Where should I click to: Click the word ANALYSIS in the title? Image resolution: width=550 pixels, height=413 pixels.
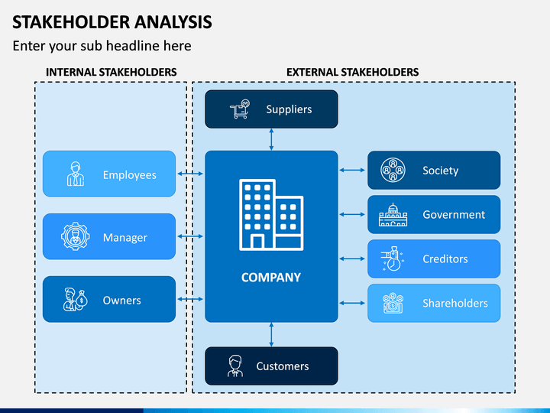tap(173, 21)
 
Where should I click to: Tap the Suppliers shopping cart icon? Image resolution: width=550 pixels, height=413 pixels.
tap(240, 109)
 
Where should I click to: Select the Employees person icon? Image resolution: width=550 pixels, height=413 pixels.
tap(76, 174)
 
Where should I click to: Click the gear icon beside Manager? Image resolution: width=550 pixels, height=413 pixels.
tap(75, 236)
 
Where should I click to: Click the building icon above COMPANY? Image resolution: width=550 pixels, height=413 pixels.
tap(271, 215)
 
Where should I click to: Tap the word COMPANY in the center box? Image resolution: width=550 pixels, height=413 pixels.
tap(271, 278)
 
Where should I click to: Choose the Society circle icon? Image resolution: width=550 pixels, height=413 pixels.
tap(393, 170)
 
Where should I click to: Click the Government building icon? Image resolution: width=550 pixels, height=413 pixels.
tap(393, 215)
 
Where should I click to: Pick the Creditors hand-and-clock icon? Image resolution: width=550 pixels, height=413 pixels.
tap(392, 259)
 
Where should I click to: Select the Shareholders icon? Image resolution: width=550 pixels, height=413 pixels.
tap(393, 303)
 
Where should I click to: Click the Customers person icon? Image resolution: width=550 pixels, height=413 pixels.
tap(235, 366)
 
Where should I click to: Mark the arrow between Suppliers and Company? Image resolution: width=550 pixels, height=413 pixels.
tap(271, 139)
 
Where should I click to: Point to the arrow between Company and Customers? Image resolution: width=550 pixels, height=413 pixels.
tap(271, 335)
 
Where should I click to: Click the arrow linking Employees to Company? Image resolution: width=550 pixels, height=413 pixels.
tap(190, 174)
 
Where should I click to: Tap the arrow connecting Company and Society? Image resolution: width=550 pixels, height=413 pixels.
tap(352, 171)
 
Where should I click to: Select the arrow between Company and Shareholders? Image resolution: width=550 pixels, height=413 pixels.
tap(352, 303)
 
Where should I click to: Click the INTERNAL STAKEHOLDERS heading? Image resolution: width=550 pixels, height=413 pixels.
tap(112, 73)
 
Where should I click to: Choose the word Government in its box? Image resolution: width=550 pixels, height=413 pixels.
tap(454, 215)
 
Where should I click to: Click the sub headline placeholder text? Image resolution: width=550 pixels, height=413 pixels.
tap(102, 46)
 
